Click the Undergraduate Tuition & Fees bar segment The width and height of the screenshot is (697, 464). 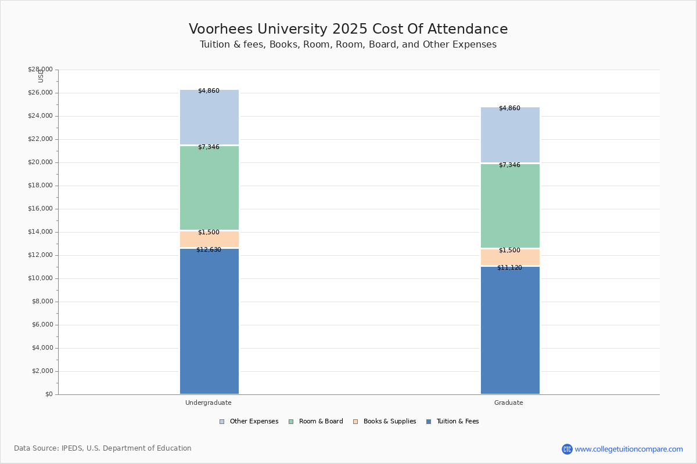[x=210, y=321]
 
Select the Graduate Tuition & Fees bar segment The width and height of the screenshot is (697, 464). [x=511, y=330]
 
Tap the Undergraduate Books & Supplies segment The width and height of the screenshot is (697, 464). [x=210, y=239]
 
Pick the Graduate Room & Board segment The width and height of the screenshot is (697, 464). [x=511, y=206]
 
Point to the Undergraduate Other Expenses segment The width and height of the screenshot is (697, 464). [x=210, y=117]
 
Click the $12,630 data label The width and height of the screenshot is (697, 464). [x=209, y=249]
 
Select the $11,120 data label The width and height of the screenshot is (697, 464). [x=510, y=267]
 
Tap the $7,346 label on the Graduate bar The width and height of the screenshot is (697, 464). [x=510, y=165]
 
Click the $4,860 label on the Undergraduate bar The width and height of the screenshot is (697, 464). [x=209, y=90]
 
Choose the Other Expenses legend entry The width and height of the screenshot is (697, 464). [x=249, y=422]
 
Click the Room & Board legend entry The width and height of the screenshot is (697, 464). [x=316, y=422]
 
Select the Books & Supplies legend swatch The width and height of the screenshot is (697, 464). [x=355, y=422]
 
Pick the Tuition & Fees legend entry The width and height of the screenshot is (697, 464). [x=452, y=422]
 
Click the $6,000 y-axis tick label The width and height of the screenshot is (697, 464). [x=42, y=324]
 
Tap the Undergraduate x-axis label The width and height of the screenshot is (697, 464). [x=209, y=403]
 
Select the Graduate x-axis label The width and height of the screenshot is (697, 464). [x=509, y=403]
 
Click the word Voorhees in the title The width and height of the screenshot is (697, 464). [x=221, y=29]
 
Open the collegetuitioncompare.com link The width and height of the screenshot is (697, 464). [x=628, y=449]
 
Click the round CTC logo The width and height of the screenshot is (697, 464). [x=567, y=449]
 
